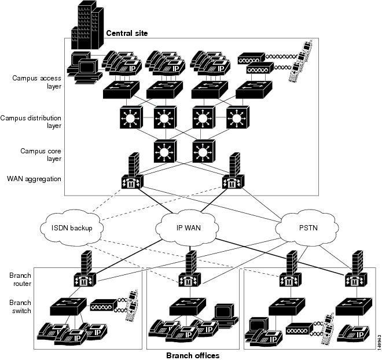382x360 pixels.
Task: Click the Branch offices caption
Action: point(193,354)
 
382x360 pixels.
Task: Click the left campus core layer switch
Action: point(164,151)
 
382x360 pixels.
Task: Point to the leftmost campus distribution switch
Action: point(128,119)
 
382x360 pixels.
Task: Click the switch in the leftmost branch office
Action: point(68,306)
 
